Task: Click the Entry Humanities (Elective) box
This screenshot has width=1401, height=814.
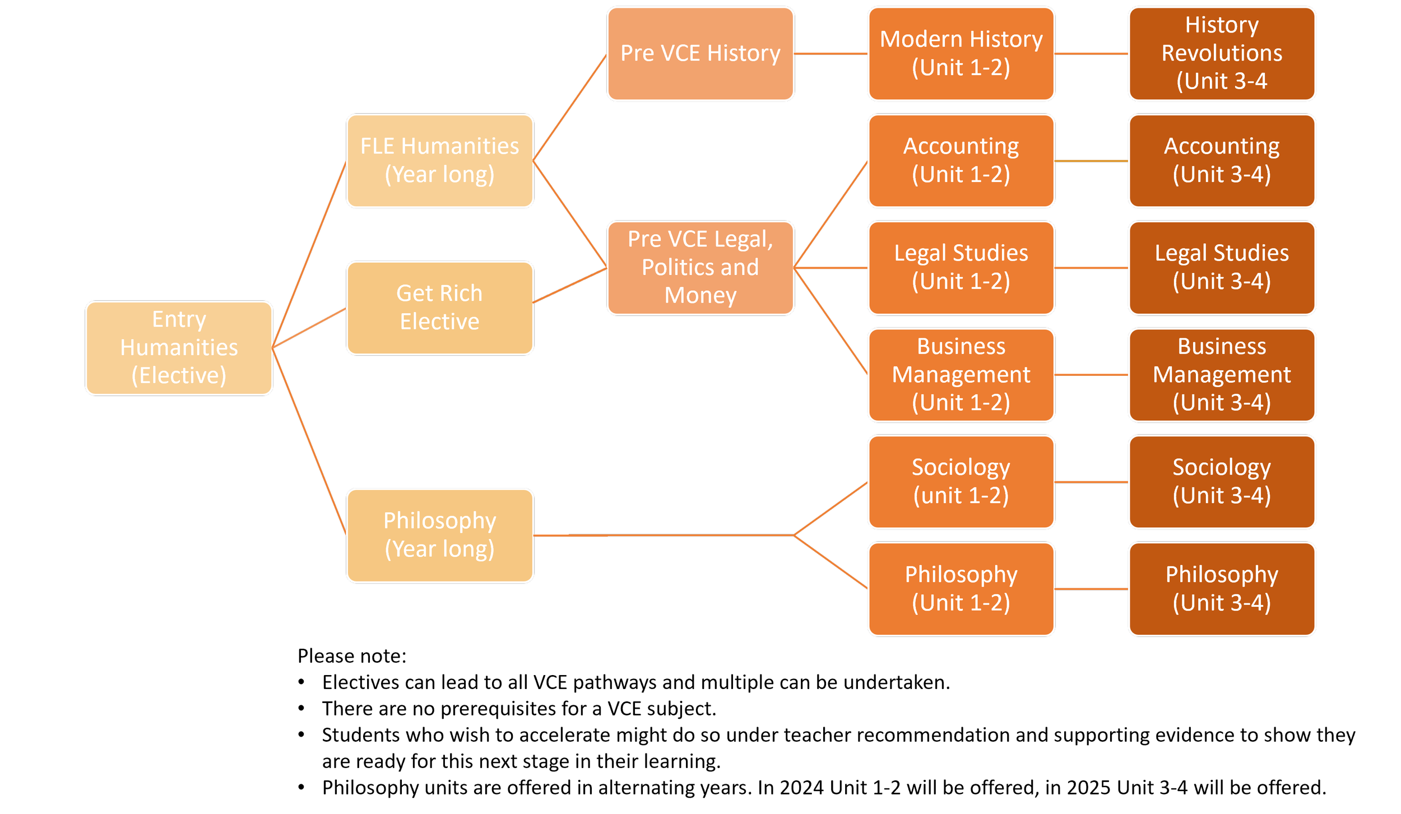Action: click(x=179, y=348)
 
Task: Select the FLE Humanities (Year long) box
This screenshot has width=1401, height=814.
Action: click(x=439, y=161)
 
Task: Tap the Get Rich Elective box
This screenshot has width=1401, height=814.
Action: click(x=439, y=308)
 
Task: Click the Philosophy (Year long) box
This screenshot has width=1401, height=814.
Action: click(x=439, y=535)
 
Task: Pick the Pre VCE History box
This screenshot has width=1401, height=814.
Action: click(x=700, y=54)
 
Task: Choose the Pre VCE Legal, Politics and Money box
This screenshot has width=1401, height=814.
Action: click(x=700, y=267)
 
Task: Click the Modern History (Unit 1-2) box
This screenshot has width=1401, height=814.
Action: click(x=961, y=54)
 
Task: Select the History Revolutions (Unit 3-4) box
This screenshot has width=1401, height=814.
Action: click(x=1222, y=54)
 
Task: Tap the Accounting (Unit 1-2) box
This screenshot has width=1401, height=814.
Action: click(x=961, y=161)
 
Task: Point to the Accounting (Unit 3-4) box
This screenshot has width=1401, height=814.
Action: click(x=1222, y=161)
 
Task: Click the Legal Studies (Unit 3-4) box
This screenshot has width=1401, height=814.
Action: click(x=1222, y=267)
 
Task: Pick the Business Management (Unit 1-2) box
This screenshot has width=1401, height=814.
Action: click(x=961, y=374)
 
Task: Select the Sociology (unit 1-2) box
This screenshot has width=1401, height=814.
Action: click(x=961, y=481)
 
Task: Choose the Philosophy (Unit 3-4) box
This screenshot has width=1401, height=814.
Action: click(x=1222, y=588)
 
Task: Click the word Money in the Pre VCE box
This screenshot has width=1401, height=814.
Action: click(x=700, y=295)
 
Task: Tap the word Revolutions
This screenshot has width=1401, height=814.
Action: click(x=1222, y=53)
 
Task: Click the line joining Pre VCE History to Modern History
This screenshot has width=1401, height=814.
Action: click(x=831, y=54)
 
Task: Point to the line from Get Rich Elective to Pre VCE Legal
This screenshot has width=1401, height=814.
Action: click(x=569, y=286)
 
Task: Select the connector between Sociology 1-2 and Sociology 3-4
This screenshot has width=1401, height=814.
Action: click(x=1091, y=481)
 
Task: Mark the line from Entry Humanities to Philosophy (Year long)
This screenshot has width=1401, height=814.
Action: click(x=309, y=441)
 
